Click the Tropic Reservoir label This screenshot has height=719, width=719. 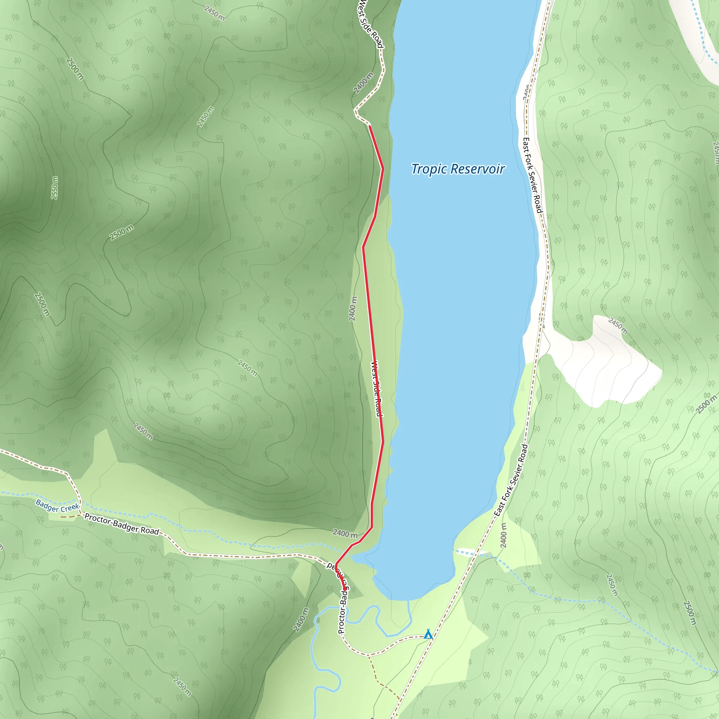click(x=458, y=169)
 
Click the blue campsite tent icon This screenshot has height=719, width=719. click(x=428, y=634)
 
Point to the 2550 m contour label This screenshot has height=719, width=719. click(x=54, y=187)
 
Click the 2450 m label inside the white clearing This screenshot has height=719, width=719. click(x=618, y=326)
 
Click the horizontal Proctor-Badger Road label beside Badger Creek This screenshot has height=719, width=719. click(x=122, y=523)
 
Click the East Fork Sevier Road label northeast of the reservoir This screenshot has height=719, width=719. click(x=533, y=175)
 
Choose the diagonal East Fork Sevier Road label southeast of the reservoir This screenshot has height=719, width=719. click(x=510, y=480)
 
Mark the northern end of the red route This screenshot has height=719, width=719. click(x=370, y=126)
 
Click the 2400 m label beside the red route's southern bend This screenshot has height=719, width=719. click(x=345, y=534)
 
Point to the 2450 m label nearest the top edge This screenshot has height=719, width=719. click(x=215, y=13)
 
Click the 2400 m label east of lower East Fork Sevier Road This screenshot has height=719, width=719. click(x=503, y=535)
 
